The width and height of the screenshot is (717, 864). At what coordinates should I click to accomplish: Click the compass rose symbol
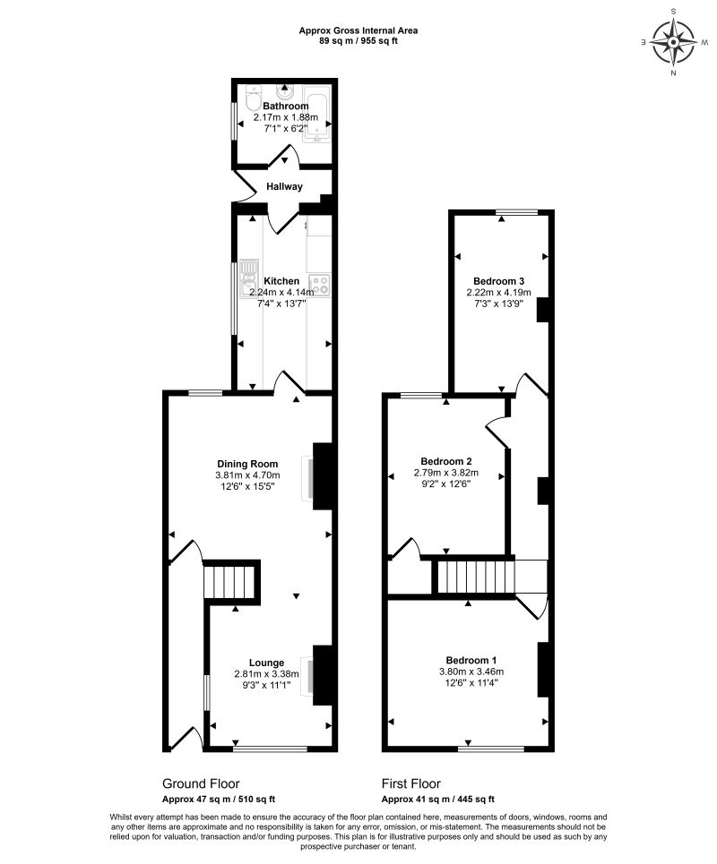click(673, 42)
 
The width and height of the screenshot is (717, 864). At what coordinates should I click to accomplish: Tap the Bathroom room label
click(280, 106)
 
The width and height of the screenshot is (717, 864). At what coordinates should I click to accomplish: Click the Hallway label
click(283, 186)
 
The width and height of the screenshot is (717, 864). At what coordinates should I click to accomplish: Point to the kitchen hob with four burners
click(320, 284)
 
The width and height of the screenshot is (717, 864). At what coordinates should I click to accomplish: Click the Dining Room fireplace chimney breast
click(323, 475)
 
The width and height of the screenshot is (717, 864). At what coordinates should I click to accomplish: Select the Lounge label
click(267, 663)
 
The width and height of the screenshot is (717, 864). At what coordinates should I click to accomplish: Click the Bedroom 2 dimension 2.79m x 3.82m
click(445, 473)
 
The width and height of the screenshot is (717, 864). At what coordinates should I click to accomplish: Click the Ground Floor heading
click(200, 783)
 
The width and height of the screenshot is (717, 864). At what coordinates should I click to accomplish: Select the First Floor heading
click(410, 783)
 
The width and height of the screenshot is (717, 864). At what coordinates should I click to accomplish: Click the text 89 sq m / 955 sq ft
click(358, 40)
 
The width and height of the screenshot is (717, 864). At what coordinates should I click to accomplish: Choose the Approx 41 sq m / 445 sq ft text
click(437, 800)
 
